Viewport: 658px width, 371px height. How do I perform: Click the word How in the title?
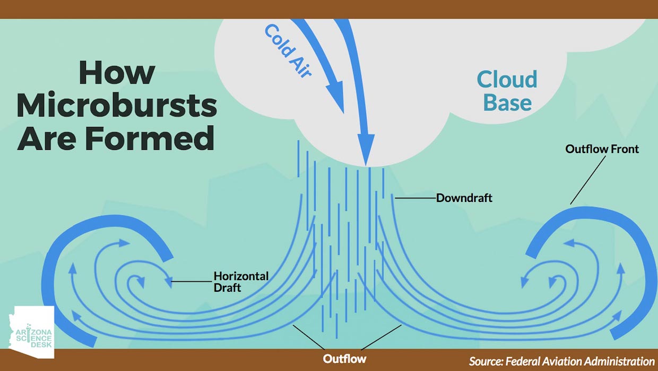click(117, 72)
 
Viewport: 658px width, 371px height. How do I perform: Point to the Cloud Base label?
click(507, 90)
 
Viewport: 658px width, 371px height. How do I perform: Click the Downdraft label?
click(464, 198)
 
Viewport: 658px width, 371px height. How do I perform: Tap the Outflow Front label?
click(602, 149)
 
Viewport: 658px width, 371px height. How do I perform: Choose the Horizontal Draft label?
click(240, 282)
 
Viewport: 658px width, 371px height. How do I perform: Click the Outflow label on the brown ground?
click(344, 359)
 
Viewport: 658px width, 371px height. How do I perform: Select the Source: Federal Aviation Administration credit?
click(561, 361)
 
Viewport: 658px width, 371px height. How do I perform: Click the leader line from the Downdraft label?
click(415, 198)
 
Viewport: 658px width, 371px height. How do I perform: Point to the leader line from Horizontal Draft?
click(191, 281)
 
